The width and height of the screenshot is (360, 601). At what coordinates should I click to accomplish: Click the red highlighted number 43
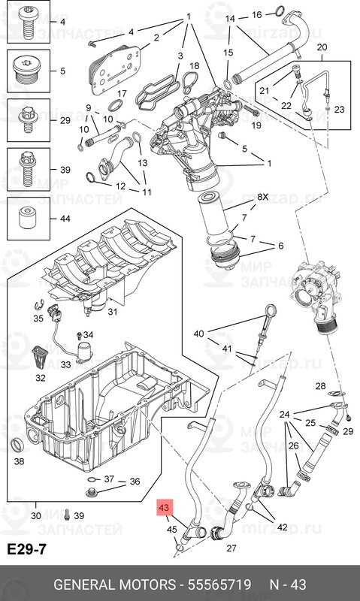(164, 509)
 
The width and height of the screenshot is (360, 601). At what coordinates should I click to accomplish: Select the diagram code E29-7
(27, 549)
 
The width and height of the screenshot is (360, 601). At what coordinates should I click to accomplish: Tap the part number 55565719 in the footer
(219, 585)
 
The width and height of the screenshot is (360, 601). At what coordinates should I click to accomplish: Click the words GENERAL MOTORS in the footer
(114, 585)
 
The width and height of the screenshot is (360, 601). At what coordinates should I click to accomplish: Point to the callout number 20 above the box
(322, 47)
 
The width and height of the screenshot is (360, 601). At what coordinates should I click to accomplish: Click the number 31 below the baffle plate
(112, 312)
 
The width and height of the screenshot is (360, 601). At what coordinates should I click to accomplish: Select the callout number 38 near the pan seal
(19, 461)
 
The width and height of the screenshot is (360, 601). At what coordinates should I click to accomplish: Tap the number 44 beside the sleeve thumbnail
(65, 219)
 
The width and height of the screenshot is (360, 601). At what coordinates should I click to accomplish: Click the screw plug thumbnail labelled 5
(29, 71)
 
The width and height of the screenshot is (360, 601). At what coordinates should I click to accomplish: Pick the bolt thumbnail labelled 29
(29, 120)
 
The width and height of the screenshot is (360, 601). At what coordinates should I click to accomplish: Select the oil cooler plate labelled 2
(116, 70)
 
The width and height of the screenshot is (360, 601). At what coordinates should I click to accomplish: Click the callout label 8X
(262, 197)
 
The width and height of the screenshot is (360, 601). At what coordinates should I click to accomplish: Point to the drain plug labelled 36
(91, 493)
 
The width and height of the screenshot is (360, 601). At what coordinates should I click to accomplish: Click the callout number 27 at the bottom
(231, 548)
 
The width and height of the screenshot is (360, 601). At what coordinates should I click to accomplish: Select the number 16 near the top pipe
(256, 15)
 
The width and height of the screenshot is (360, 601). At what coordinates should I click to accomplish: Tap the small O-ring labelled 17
(116, 105)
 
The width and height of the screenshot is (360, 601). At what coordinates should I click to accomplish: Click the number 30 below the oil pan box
(35, 516)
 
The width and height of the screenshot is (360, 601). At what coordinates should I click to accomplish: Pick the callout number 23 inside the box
(339, 110)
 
